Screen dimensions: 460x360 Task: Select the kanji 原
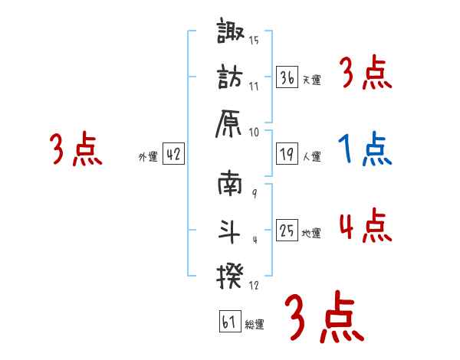point(232,121)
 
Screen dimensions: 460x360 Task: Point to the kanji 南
point(232,184)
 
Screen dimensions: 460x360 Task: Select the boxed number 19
point(287,153)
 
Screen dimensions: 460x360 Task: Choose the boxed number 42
point(173,154)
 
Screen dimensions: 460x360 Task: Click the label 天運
point(311,79)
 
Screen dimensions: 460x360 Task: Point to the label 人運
point(311,156)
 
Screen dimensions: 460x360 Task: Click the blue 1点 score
point(365,149)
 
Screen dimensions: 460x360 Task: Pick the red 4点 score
point(365,226)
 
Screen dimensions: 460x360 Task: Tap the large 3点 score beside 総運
point(322,316)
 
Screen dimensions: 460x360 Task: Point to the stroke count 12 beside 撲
point(254,286)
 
